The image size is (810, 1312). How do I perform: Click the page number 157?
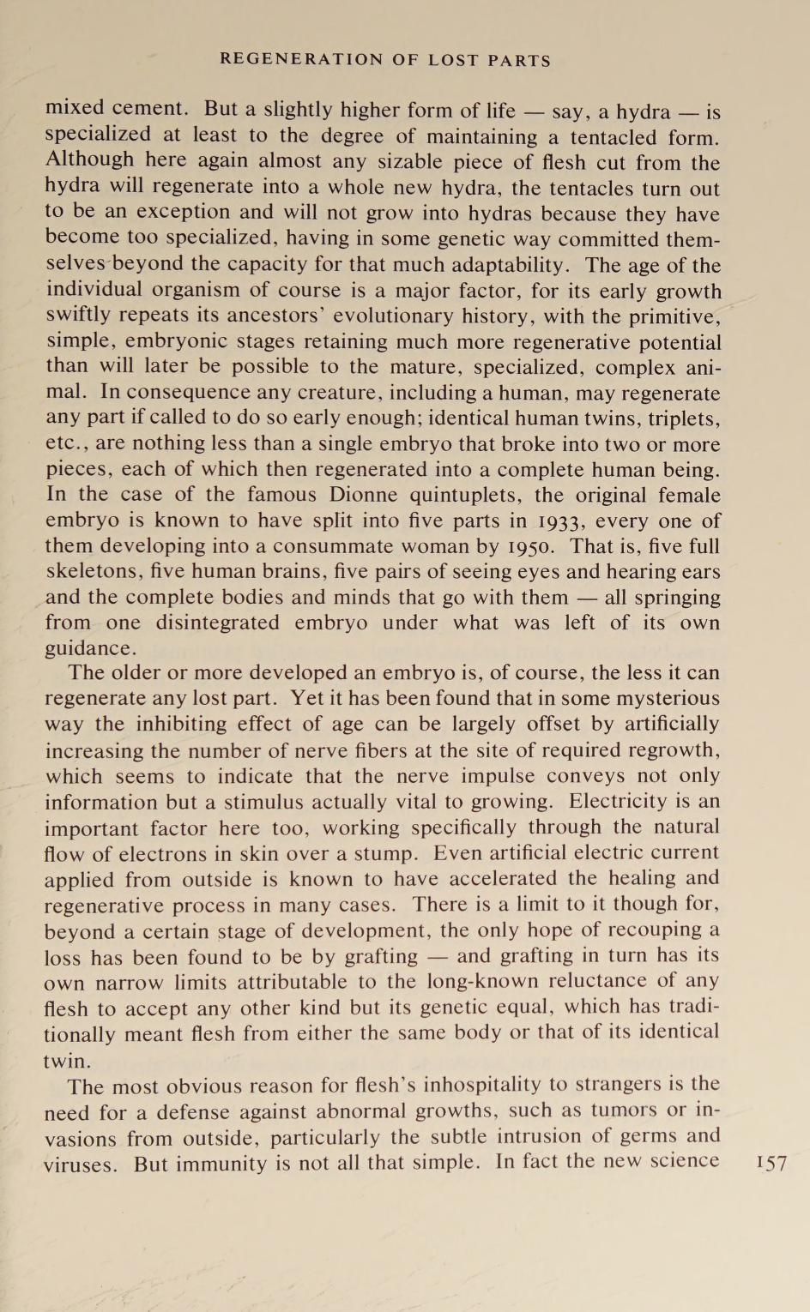pyautogui.click(x=771, y=1164)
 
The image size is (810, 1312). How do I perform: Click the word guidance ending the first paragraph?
pyautogui.click(x=89, y=648)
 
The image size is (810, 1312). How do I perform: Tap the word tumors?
pyautogui.click(x=619, y=1111)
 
